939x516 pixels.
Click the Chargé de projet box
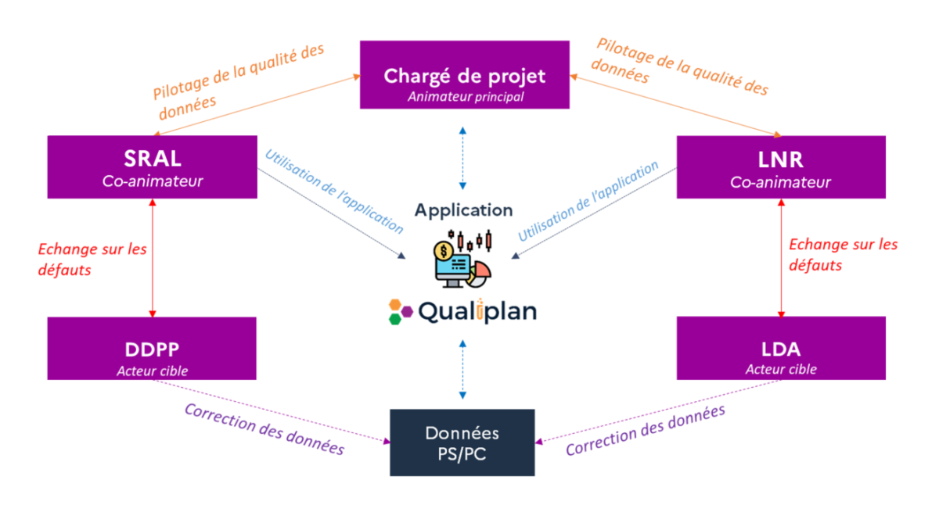click(x=464, y=74)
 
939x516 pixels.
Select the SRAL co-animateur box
click(x=153, y=167)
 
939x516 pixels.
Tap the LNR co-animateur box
click(x=781, y=167)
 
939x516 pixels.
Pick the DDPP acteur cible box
click(x=153, y=348)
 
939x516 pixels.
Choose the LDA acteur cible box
click(x=781, y=348)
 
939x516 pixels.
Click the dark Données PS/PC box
click(x=462, y=443)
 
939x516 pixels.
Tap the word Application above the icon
click(x=464, y=210)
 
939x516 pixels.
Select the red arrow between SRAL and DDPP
click(x=153, y=258)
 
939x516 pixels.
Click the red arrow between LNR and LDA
click(x=781, y=258)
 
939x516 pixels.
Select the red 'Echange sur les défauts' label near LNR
click(x=842, y=255)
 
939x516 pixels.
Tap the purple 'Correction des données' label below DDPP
click(x=264, y=428)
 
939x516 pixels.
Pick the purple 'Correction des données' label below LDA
click(x=646, y=430)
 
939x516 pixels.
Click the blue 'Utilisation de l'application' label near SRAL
click(x=334, y=191)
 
